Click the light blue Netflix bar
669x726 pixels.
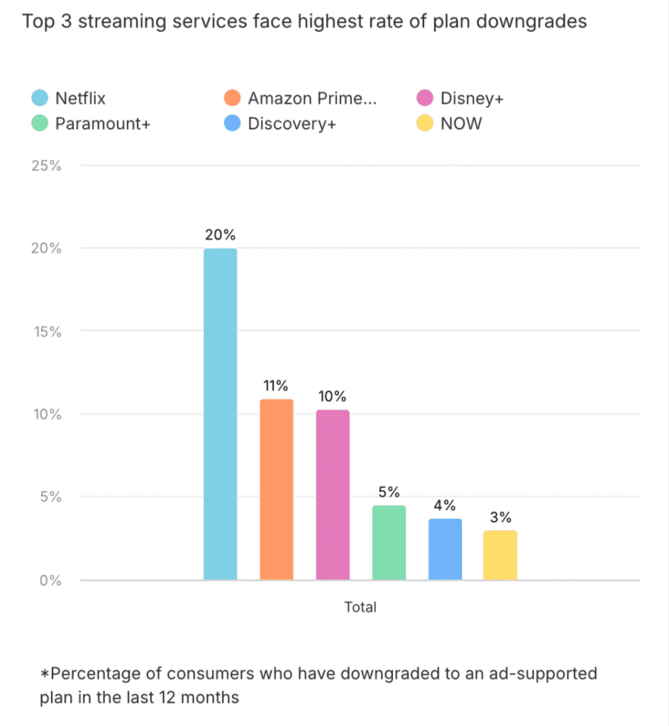(x=220, y=414)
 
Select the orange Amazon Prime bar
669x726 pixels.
(x=276, y=489)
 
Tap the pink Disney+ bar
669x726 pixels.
(x=333, y=495)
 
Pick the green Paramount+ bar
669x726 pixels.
(x=389, y=542)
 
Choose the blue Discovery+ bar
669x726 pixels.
(x=445, y=549)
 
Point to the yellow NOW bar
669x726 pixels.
(x=500, y=555)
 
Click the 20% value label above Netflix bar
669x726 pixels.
(x=220, y=235)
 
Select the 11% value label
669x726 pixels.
(x=276, y=386)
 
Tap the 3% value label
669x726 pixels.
(x=500, y=517)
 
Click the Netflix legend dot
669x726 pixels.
(x=40, y=99)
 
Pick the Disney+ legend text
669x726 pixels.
(x=472, y=99)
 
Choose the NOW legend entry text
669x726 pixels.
(x=460, y=123)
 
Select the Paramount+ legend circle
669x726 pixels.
(x=40, y=123)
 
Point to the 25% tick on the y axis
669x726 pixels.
(x=47, y=166)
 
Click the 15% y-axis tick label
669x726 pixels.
(x=47, y=331)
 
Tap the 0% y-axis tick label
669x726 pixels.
(x=51, y=580)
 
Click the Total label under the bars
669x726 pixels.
(x=360, y=607)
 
